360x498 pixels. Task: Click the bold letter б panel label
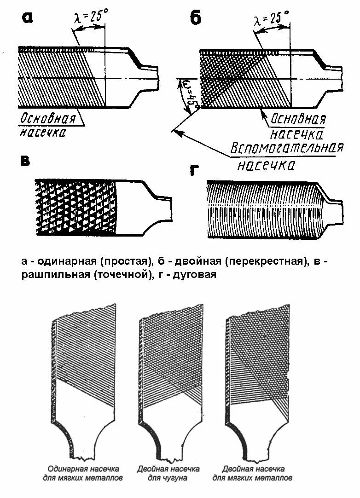196,18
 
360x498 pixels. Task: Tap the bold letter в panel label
26,161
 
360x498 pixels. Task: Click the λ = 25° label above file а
91,19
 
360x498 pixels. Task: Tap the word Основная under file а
47,118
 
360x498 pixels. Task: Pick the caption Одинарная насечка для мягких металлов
83,473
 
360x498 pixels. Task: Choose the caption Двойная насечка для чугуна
168,473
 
